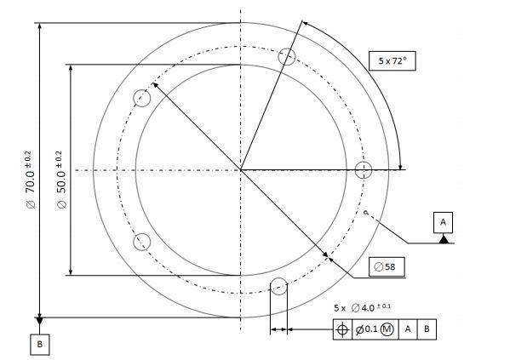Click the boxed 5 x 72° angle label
(x=392, y=60)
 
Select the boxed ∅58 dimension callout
(x=387, y=267)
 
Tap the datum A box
(x=443, y=222)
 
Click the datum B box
(x=40, y=344)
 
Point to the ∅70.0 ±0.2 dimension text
(x=29, y=180)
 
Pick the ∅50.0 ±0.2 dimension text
(x=60, y=180)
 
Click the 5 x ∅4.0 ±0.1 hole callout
(x=363, y=307)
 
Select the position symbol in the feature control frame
(x=342, y=329)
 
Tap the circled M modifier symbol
(x=387, y=329)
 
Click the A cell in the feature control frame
(x=408, y=329)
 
